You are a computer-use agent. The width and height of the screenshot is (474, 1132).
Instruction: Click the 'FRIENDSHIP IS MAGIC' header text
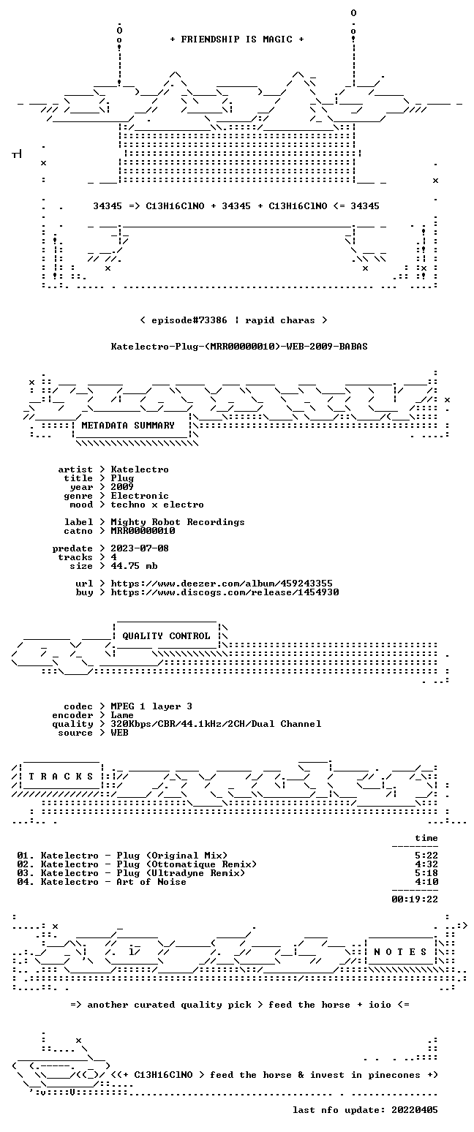click(x=237, y=39)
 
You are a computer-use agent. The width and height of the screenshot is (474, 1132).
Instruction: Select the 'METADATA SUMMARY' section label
click(x=128, y=426)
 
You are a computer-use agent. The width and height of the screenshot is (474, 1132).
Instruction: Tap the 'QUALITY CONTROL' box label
click(x=166, y=636)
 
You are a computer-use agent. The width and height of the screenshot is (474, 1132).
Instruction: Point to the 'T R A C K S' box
click(x=61, y=776)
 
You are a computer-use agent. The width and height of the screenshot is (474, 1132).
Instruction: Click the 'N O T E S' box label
click(x=400, y=951)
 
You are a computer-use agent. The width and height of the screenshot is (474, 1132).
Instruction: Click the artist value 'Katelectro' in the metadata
click(x=140, y=469)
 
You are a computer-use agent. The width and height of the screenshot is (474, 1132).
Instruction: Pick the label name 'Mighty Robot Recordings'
click(x=178, y=522)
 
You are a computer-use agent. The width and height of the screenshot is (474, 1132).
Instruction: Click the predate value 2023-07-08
click(x=140, y=548)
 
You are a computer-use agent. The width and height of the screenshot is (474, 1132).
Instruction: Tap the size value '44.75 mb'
click(x=134, y=566)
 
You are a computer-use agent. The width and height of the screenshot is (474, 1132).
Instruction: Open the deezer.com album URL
click(x=222, y=584)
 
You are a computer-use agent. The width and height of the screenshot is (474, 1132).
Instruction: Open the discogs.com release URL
click(x=225, y=592)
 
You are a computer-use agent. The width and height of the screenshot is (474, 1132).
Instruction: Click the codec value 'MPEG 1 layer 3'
click(x=151, y=706)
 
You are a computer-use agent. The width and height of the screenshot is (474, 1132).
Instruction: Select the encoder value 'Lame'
click(x=122, y=715)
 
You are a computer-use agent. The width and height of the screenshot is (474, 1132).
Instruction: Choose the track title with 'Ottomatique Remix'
click(x=148, y=864)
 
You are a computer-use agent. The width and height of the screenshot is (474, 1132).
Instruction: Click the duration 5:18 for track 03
click(x=426, y=872)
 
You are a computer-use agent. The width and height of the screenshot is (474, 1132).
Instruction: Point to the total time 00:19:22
click(x=415, y=899)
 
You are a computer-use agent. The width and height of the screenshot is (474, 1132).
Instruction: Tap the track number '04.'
click(x=26, y=882)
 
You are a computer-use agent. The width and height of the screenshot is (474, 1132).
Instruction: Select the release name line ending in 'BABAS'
click(x=239, y=347)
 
